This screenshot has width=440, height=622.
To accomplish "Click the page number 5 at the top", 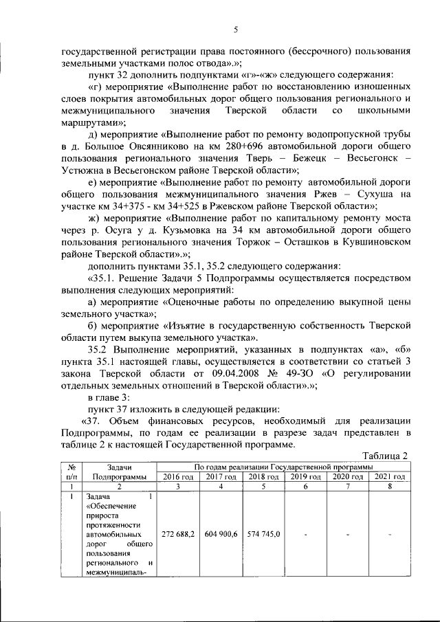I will (x=235, y=30).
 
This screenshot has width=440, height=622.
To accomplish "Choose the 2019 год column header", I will (x=306, y=477).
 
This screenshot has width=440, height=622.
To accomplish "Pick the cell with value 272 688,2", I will (x=178, y=533).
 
